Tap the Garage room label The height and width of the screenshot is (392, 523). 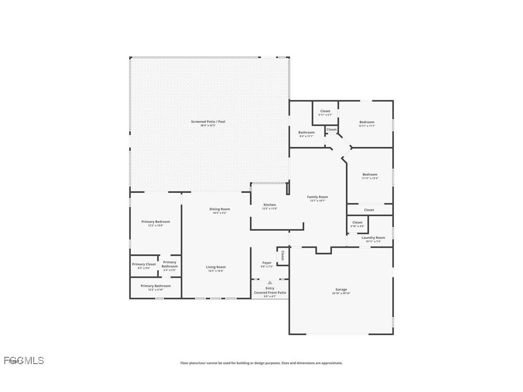pos(341,291)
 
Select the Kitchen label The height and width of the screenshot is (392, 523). pos(269,206)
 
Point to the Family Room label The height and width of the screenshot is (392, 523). pos(317,198)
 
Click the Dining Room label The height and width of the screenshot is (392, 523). pos(220,210)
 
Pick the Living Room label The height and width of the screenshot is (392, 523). pos(216,268)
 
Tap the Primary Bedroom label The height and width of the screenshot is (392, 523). pos(155,223)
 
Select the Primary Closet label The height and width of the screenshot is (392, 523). pos(144,265)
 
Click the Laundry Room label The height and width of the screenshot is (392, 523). pos(373,239)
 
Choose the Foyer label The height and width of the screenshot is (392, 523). pos(266,264)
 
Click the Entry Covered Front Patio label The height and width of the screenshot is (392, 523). pos(270,292)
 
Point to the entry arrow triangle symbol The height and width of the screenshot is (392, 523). pos(270,283)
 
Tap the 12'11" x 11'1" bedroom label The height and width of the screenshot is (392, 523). pos(366,123)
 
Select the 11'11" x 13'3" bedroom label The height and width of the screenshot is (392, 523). pos(370,176)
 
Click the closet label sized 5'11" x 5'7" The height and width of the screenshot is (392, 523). pos(325,113)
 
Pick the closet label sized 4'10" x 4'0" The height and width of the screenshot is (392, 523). pos(357,224)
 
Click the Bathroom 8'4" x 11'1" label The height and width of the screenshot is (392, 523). pos(306,134)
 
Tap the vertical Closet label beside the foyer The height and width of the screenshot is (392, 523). pos(282,255)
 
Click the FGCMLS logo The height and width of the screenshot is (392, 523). pos(24,360)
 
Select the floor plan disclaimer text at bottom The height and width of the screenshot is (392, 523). pos(261,363)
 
